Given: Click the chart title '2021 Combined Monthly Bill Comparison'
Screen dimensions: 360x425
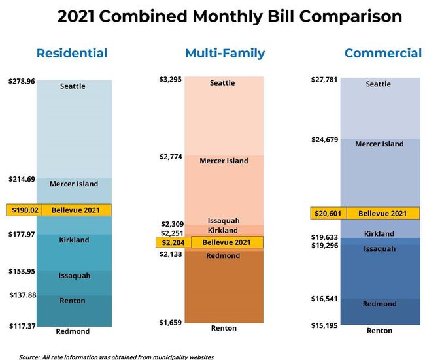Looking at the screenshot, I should coord(229,16).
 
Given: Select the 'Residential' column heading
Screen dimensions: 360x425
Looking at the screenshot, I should coord(72,53).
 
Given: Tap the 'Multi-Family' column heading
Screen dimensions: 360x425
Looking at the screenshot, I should coord(224,53).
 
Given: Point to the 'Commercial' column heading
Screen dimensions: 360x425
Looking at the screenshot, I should coord(382,53).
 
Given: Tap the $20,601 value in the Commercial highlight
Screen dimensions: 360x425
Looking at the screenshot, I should coord(328,214).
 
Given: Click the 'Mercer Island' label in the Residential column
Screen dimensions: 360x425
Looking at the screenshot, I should coord(74,184).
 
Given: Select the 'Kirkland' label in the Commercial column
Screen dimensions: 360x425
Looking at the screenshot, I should coord(379,233).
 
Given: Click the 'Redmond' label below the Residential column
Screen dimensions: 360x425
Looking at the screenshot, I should coord(73,331).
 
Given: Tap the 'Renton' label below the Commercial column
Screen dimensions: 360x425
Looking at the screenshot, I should coord(379,331).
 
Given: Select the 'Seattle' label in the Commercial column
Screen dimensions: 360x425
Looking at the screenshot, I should coord(379,84).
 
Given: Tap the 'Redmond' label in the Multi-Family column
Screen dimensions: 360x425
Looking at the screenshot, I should coord(223,256).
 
